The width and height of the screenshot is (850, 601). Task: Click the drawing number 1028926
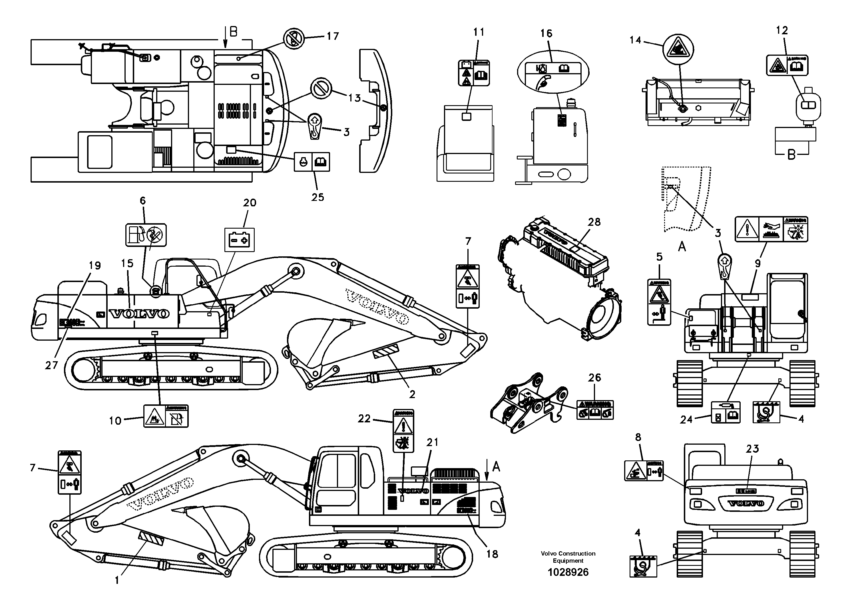(x=568, y=572)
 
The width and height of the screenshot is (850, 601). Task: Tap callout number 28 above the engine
(x=594, y=222)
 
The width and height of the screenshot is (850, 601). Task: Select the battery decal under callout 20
(x=240, y=240)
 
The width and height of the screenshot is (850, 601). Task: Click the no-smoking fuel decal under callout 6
(x=146, y=235)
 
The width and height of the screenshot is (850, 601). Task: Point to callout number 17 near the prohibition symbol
(x=332, y=36)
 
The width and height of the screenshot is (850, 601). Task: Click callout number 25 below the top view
(x=318, y=197)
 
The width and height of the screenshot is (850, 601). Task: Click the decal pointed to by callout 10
(x=166, y=416)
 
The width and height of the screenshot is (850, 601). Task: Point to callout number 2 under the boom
(x=412, y=395)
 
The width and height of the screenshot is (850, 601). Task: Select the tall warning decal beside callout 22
(x=403, y=431)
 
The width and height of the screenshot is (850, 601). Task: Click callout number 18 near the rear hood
(x=492, y=554)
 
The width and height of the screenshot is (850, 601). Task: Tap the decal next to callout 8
(x=644, y=471)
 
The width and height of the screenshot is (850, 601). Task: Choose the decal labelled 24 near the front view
(x=726, y=412)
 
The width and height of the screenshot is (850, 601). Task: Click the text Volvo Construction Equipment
(x=568, y=557)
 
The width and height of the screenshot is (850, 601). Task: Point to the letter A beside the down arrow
(x=497, y=467)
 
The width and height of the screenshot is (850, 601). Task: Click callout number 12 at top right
(x=782, y=30)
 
